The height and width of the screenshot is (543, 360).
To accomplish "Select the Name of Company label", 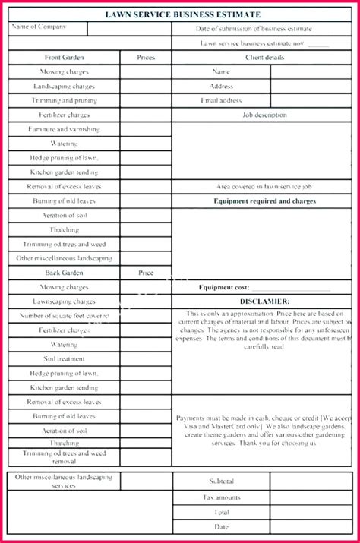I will click(39, 27).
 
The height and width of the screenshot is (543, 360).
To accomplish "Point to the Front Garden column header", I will click(65, 57).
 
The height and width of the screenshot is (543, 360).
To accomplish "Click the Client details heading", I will click(264, 57).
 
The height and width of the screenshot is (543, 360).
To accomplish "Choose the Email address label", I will click(221, 100).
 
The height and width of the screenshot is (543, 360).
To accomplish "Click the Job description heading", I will click(264, 115).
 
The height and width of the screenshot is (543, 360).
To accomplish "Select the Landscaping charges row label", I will click(65, 86).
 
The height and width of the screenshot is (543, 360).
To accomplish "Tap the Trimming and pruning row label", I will click(65, 100).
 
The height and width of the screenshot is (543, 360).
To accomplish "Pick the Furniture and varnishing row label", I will click(65, 129).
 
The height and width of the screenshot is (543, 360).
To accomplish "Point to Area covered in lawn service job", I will click(264, 186).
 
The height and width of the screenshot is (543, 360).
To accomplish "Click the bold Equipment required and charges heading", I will click(264, 201).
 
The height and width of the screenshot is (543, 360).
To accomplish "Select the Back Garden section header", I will click(65, 273).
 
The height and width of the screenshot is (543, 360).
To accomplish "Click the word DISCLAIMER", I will click(264, 301).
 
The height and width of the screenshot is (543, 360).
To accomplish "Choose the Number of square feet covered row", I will click(65, 316).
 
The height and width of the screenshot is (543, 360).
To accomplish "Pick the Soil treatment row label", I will click(65, 359).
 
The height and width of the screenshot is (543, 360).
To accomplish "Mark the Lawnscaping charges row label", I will click(65, 301).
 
